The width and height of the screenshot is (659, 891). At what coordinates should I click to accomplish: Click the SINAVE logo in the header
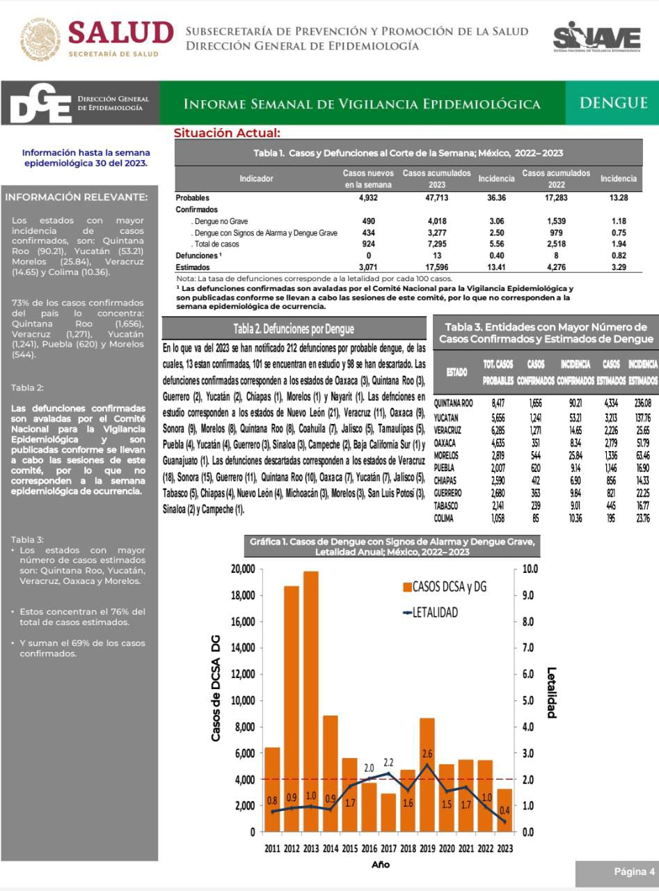596,37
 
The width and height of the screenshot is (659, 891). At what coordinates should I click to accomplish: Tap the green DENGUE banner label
613,103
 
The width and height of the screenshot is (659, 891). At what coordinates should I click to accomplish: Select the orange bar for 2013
311,701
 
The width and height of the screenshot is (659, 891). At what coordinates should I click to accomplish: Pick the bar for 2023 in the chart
505,810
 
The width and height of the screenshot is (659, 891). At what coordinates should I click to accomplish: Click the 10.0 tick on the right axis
531,569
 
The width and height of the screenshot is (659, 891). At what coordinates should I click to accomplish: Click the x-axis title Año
381,865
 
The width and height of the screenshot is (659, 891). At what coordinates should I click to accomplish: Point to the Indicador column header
256,179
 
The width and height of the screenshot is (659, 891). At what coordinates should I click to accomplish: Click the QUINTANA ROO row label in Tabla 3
453,403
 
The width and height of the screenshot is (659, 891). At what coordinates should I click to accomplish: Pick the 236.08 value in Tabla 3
643,403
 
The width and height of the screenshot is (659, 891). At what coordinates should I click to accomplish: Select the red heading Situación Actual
227,133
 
